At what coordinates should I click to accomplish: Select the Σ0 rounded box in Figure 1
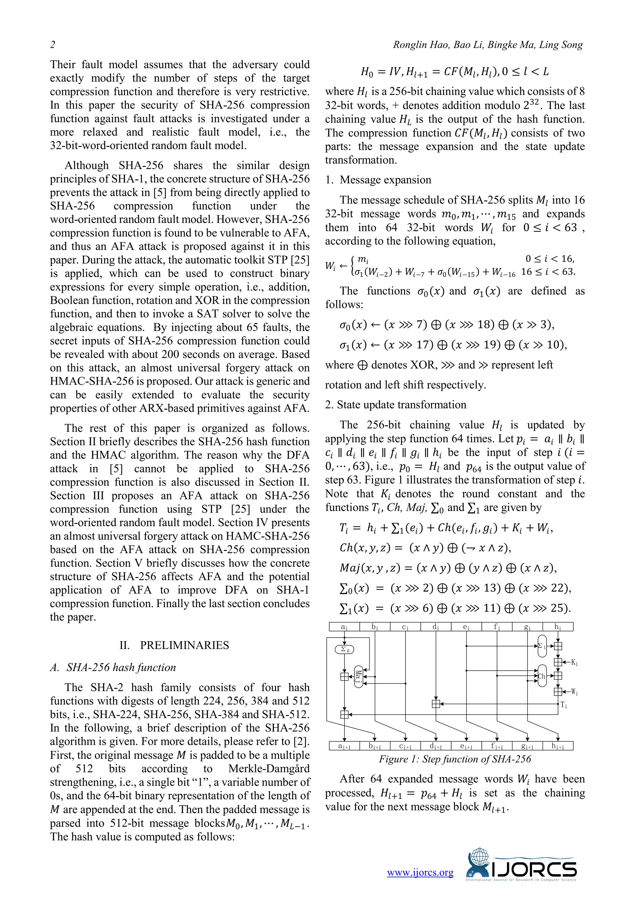[x=344, y=650]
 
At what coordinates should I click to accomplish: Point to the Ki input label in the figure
[x=575, y=663]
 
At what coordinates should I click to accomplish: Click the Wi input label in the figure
[x=575, y=692]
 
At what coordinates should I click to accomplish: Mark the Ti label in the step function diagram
[x=564, y=705]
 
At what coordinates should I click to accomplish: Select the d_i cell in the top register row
[x=436, y=627]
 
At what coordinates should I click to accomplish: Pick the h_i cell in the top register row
[x=557, y=627]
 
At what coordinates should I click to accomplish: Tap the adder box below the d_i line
[x=436, y=704]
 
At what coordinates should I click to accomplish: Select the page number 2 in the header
[x=52, y=45]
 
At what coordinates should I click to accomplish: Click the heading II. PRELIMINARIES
[x=174, y=645]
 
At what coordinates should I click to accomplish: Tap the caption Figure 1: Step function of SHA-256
[x=455, y=759]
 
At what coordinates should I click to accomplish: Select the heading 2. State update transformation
[x=396, y=404]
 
